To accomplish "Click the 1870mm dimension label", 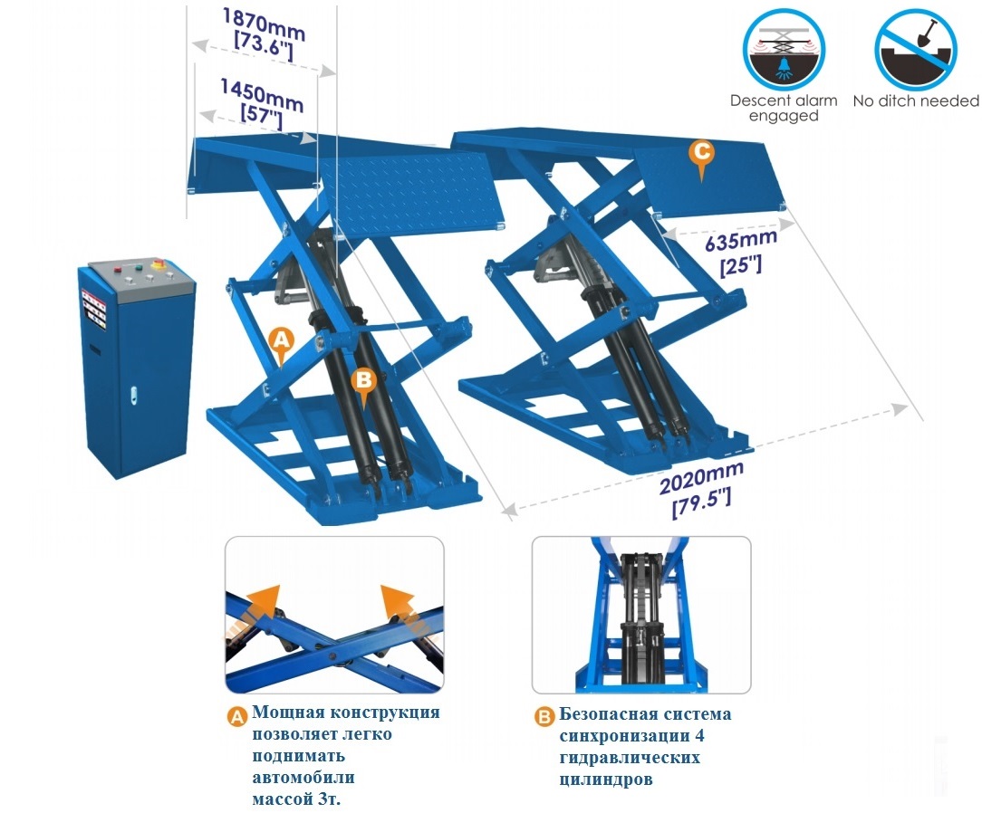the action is coord(264,35).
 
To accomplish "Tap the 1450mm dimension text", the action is coord(262,104).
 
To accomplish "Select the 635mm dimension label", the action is coord(741,252).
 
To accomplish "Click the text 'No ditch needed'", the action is coord(916,100).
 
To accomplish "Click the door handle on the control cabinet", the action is coord(133,394).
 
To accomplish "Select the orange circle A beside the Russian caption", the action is coord(236,716).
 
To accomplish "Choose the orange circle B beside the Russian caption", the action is coord(544,717).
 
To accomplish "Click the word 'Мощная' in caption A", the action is coord(288,713).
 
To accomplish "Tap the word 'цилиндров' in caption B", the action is coord(606,780).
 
